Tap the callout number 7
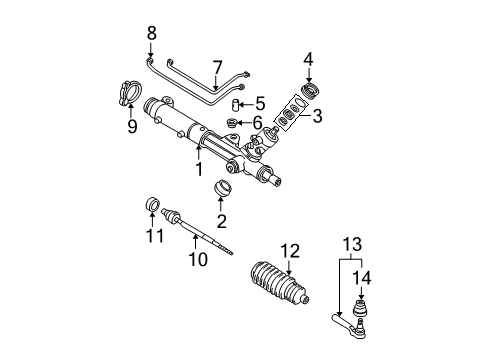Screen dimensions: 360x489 coord(216,67)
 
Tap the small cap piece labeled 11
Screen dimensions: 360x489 coord(154,207)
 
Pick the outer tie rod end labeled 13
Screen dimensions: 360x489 coord(345,319)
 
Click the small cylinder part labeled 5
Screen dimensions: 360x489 coord(238,103)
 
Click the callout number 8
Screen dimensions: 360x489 coord(152,33)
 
